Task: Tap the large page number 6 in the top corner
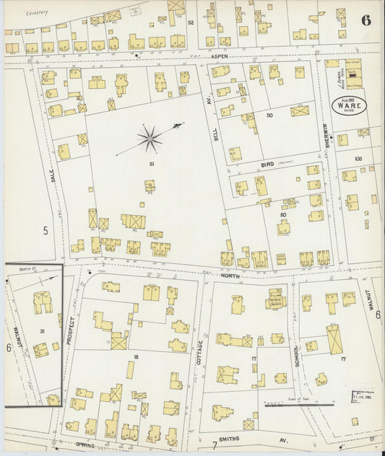[366, 19]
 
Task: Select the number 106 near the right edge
[357, 159]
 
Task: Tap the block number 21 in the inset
[43, 331]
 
